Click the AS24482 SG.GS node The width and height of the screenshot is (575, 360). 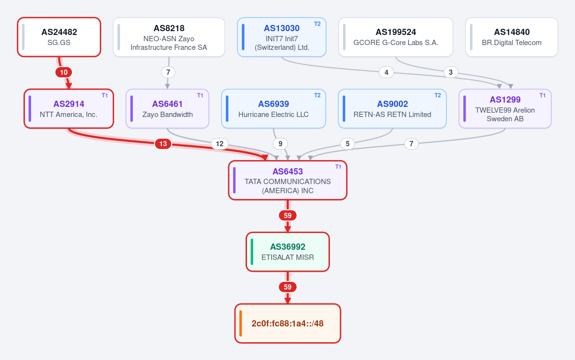[x=59, y=37]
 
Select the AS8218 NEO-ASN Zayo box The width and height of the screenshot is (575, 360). [x=169, y=37]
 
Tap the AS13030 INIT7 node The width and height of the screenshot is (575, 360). [x=282, y=37]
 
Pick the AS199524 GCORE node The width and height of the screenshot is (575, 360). [x=396, y=37]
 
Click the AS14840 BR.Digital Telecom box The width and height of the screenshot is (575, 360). [x=512, y=37]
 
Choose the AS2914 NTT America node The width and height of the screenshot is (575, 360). [x=69, y=109]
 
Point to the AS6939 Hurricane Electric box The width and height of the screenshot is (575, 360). [x=273, y=109]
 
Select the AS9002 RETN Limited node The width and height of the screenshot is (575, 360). [x=392, y=109]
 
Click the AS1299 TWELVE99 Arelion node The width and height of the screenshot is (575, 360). [x=505, y=109]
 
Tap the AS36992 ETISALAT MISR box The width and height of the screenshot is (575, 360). [x=288, y=252]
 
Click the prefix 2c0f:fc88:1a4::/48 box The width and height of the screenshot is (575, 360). [x=288, y=324]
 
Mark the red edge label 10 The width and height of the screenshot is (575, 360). [x=64, y=72]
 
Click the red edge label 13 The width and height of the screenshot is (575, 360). [x=163, y=144]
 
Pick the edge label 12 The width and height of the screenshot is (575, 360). [x=220, y=144]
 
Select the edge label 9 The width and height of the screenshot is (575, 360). [x=281, y=144]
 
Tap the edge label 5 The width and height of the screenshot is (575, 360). [x=348, y=144]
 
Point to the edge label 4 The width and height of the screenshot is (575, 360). [x=386, y=72]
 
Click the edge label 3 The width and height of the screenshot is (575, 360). [x=451, y=72]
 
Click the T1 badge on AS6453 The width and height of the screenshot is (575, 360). [x=338, y=167]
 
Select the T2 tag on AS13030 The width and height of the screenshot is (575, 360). [x=317, y=24]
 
